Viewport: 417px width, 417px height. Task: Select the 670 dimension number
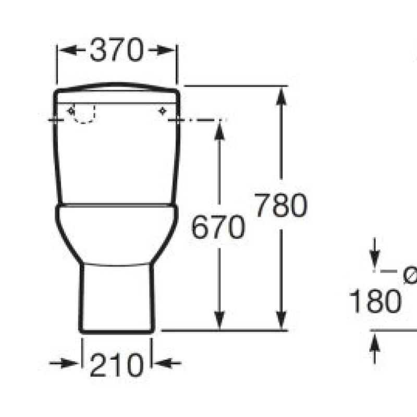click(218, 228)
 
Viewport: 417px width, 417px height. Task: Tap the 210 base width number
click(117, 364)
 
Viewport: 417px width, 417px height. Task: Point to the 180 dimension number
click(374, 302)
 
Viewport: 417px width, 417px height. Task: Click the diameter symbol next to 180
click(410, 276)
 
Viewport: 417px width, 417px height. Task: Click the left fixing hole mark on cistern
click(71, 111)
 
